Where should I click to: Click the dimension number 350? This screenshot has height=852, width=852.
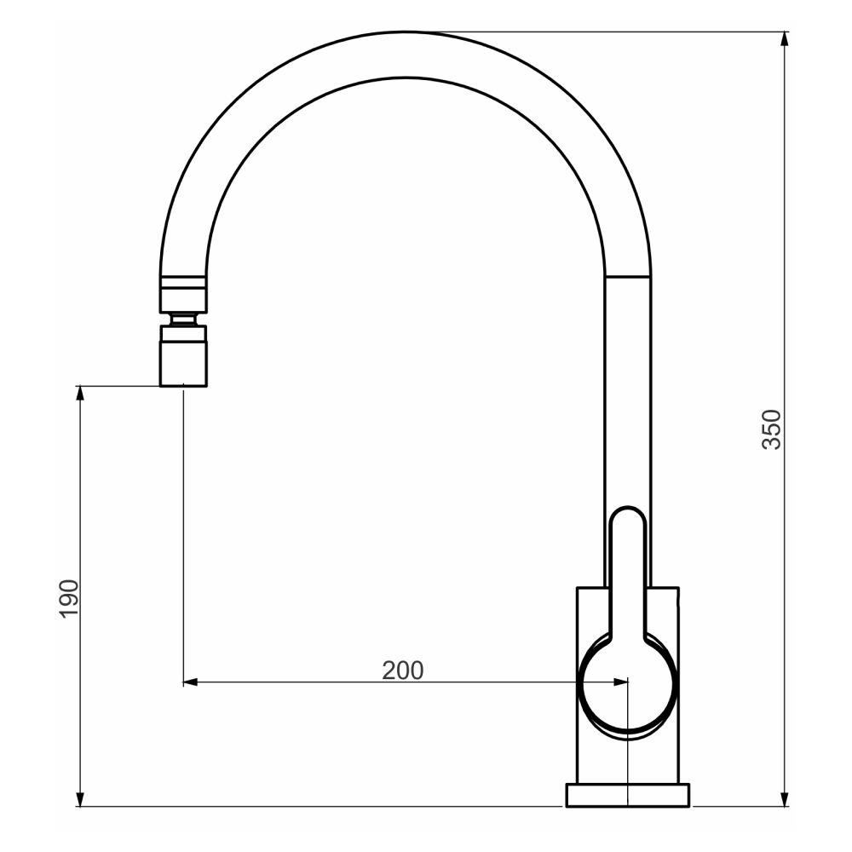770,429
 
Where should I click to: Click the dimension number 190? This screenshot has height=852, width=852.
68,598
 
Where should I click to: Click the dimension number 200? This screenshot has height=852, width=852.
402,671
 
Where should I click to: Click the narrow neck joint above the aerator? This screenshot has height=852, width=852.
183,319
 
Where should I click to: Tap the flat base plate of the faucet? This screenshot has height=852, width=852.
628,796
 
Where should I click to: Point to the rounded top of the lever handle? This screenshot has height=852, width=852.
628,516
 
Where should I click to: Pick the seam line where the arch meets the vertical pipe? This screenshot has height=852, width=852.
627,276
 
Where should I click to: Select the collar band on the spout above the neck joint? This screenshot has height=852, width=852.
183,282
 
